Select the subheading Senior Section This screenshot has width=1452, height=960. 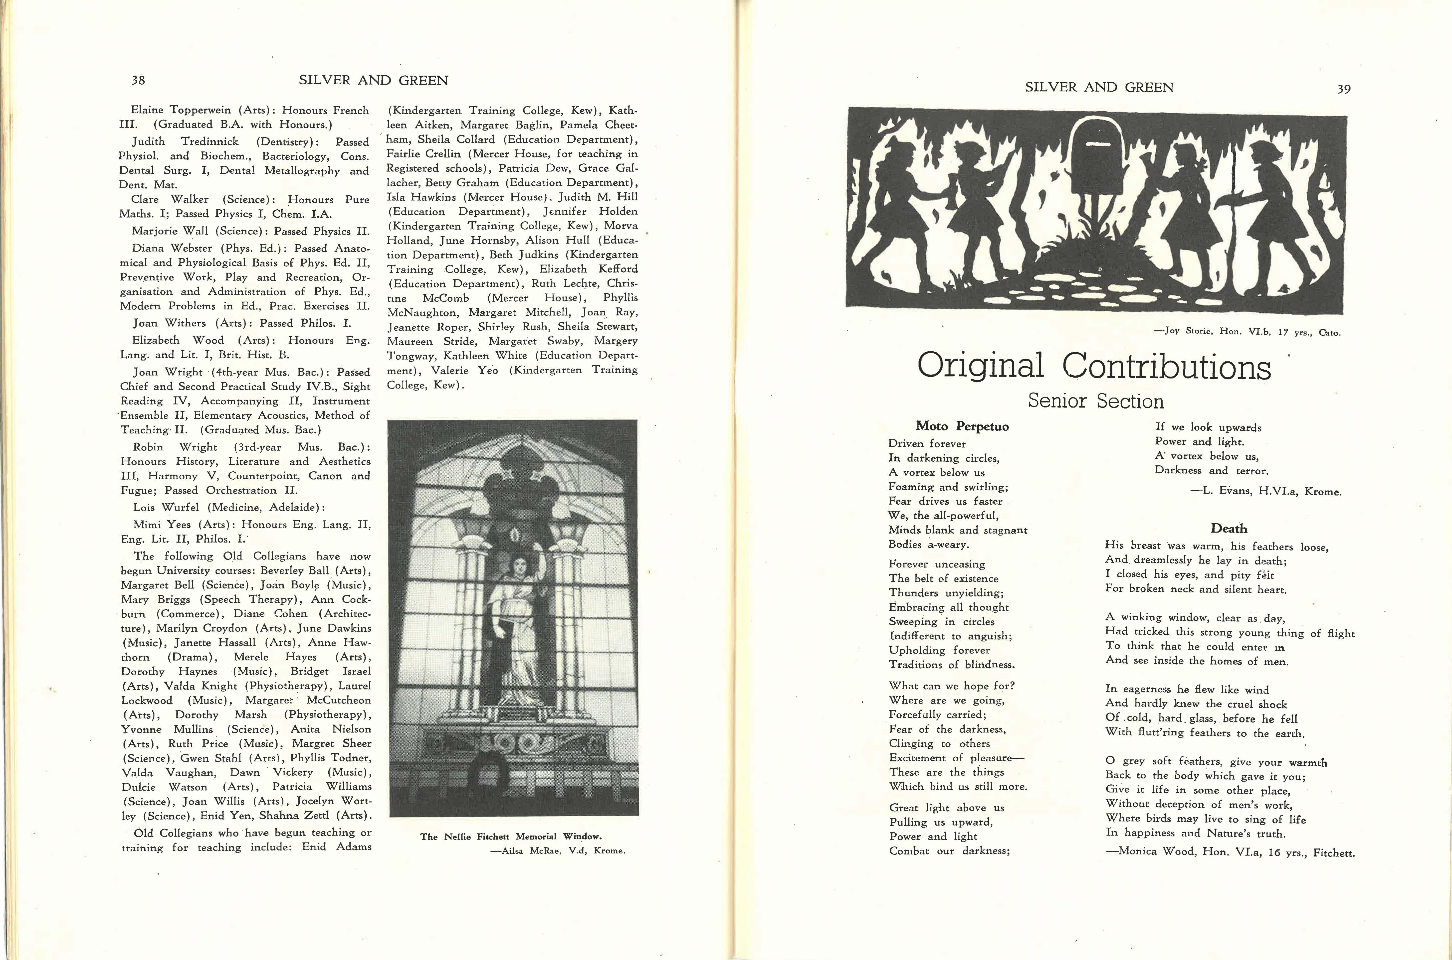[1095, 401]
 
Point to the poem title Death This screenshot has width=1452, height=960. [1228, 528]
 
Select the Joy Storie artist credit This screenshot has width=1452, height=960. [1247, 332]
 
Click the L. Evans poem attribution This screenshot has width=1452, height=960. [1266, 491]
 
